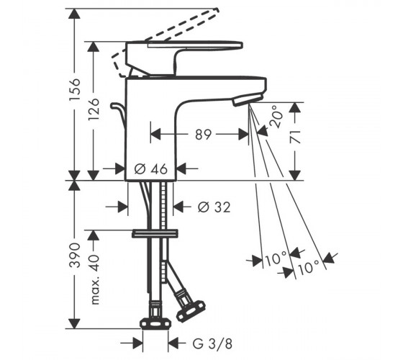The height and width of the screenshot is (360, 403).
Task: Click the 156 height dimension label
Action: (75, 90)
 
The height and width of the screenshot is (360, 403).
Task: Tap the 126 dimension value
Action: (94, 109)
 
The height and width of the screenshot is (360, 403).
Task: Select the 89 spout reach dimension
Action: (203, 135)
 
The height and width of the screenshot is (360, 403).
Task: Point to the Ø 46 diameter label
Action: (151, 169)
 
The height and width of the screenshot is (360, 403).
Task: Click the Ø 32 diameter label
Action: (214, 207)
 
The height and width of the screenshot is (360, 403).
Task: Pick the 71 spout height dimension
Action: (295, 137)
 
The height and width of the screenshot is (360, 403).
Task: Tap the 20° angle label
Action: (276, 117)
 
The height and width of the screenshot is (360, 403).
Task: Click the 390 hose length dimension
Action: (75, 255)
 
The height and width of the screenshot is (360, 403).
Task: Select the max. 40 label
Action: (94, 279)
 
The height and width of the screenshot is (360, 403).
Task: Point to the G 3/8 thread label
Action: (212, 343)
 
